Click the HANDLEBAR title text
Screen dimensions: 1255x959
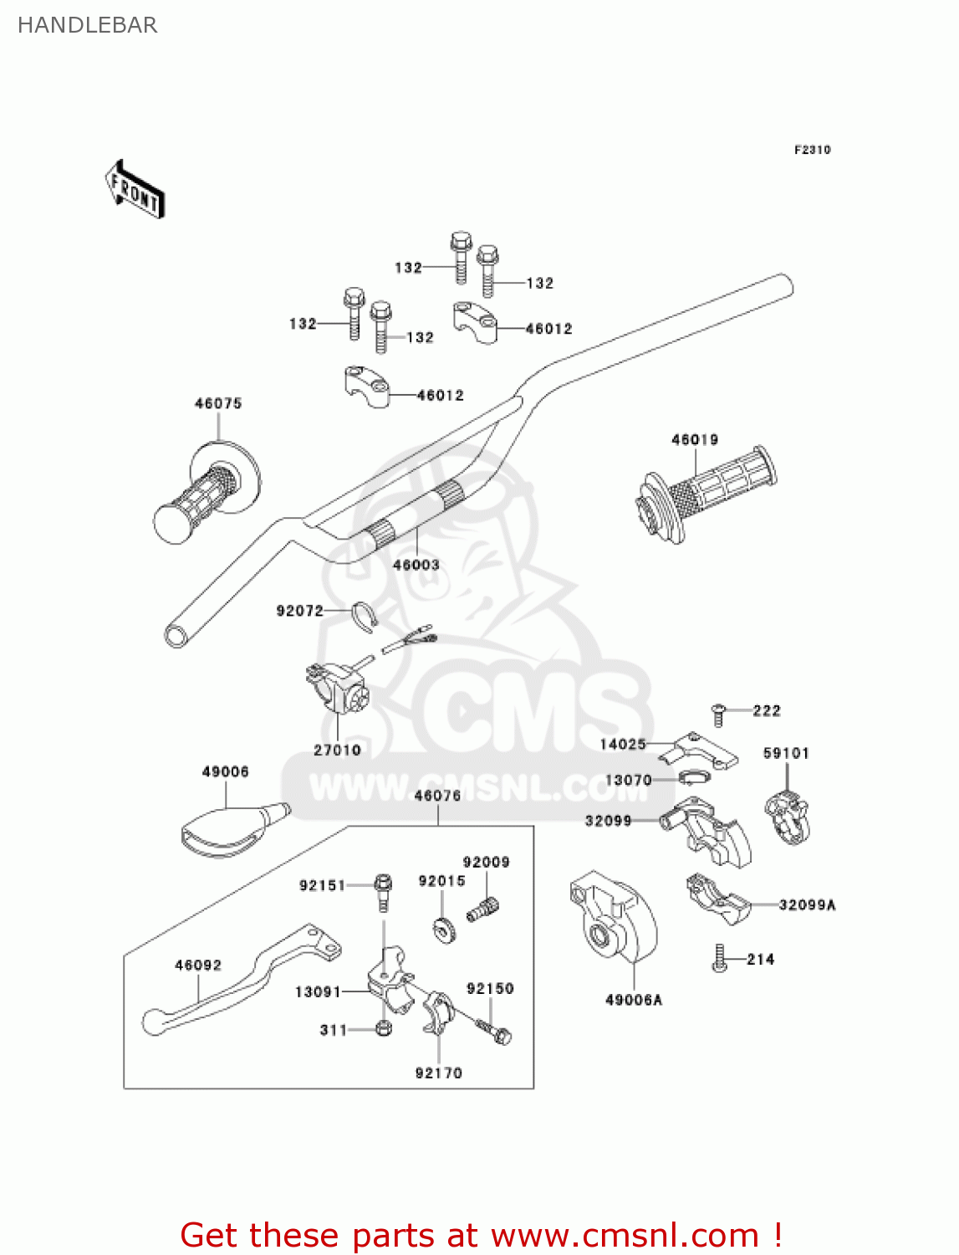click(87, 25)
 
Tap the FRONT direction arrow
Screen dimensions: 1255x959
click(134, 190)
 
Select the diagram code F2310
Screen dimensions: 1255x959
click(812, 150)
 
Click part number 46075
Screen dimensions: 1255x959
click(218, 403)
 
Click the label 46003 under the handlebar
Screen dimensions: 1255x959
click(416, 565)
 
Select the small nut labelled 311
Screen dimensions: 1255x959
click(384, 1027)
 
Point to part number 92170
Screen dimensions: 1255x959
click(439, 1073)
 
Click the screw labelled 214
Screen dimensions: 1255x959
click(718, 959)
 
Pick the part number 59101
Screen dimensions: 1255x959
click(786, 753)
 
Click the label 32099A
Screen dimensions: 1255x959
click(807, 904)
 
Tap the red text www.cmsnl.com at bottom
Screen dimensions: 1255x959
click(625, 1235)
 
